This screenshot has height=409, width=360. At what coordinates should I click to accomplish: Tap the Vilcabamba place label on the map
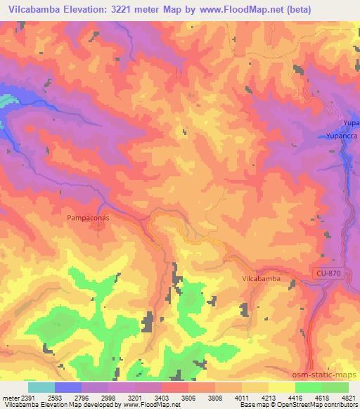point(262,279)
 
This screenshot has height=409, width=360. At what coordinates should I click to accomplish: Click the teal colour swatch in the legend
point(41,387)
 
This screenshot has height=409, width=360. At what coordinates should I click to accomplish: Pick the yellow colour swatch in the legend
point(283,387)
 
